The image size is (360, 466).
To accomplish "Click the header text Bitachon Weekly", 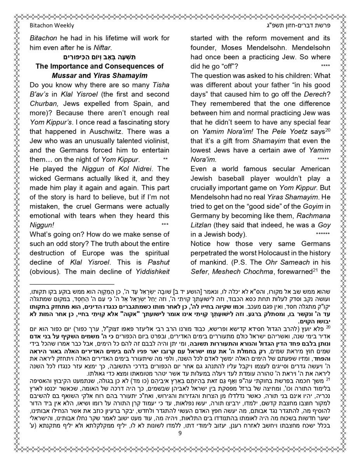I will (52, 26).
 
